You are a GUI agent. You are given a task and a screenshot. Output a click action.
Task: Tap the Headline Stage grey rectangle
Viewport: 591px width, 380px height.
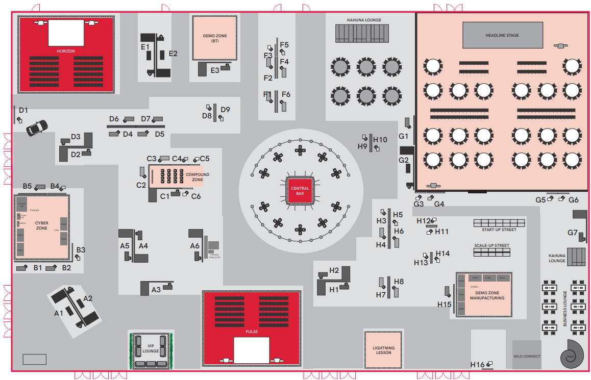(x=502, y=35)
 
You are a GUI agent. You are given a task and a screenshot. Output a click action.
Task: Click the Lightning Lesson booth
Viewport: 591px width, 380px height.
(x=383, y=350)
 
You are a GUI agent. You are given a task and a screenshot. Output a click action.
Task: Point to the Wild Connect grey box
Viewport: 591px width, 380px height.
(x=527, y=355)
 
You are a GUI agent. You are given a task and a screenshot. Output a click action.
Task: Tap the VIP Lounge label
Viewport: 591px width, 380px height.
(x=151, y=348)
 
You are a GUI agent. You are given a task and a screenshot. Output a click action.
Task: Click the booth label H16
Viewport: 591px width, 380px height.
(x=478, y=364)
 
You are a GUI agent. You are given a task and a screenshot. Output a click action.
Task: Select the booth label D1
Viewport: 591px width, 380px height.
(x=23, y=110)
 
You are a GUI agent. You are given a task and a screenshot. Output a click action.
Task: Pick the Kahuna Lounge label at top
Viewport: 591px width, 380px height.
(x=364, y=20)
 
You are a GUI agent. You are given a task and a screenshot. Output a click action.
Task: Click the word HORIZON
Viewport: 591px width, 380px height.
(x=66, y=52)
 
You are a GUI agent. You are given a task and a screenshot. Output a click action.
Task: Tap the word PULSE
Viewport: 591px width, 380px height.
(x=251, y=332)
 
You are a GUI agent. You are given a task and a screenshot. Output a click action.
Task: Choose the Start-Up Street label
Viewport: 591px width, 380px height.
(x=499, y=230)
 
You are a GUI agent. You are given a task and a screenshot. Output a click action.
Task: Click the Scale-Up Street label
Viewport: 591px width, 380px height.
(x=491, y=245)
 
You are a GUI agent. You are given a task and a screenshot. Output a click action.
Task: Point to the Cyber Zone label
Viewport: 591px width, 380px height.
(x=41, y=225)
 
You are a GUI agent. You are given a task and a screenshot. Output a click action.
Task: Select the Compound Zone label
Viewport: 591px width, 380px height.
(x=197, y=177)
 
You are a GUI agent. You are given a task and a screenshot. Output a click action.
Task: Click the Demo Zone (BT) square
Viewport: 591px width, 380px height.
(x=214, y=38)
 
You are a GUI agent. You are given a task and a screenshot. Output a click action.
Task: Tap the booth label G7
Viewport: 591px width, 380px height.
(x=572, y=233)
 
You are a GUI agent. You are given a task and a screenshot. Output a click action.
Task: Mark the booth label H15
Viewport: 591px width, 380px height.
(x=444, y=305)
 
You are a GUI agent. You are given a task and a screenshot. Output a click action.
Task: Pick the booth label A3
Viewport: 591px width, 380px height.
(x=156, y=290)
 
